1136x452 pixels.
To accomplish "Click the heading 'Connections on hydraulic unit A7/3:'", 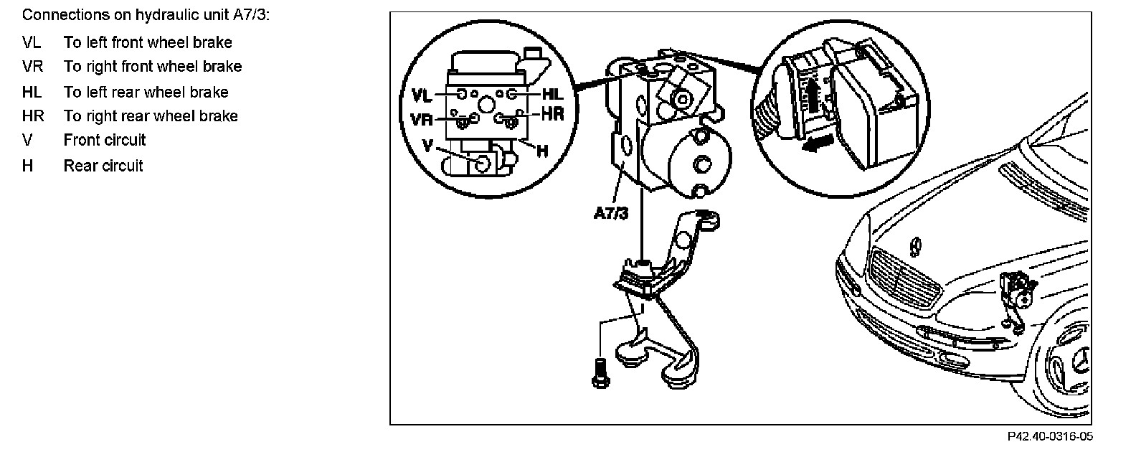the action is click(145, 15).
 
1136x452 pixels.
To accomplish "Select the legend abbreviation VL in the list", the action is click(32, 42).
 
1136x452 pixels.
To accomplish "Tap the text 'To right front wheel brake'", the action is click(153, 67).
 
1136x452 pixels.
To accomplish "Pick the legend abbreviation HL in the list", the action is click(32, 92).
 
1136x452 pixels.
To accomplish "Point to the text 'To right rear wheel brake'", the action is click(151, 116).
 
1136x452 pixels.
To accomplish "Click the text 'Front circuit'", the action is click(105, 141).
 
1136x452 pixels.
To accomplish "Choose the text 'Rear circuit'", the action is click(103, 166).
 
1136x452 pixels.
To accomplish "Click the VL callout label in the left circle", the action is click(422, 95).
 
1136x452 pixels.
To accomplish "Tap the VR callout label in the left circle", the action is click(422, 118).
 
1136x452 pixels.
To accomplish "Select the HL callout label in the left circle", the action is click(553, 93).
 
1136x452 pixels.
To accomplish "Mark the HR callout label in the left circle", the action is click(552, 113).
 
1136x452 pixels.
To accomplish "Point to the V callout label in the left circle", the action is click(428, 145).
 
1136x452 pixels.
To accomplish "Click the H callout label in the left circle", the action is click(542, 151).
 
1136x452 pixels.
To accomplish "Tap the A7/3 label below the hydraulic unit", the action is click(612, 213).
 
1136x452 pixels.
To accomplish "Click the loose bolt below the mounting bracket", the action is click(600, 372).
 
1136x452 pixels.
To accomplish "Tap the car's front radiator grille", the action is click(904, 280).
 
